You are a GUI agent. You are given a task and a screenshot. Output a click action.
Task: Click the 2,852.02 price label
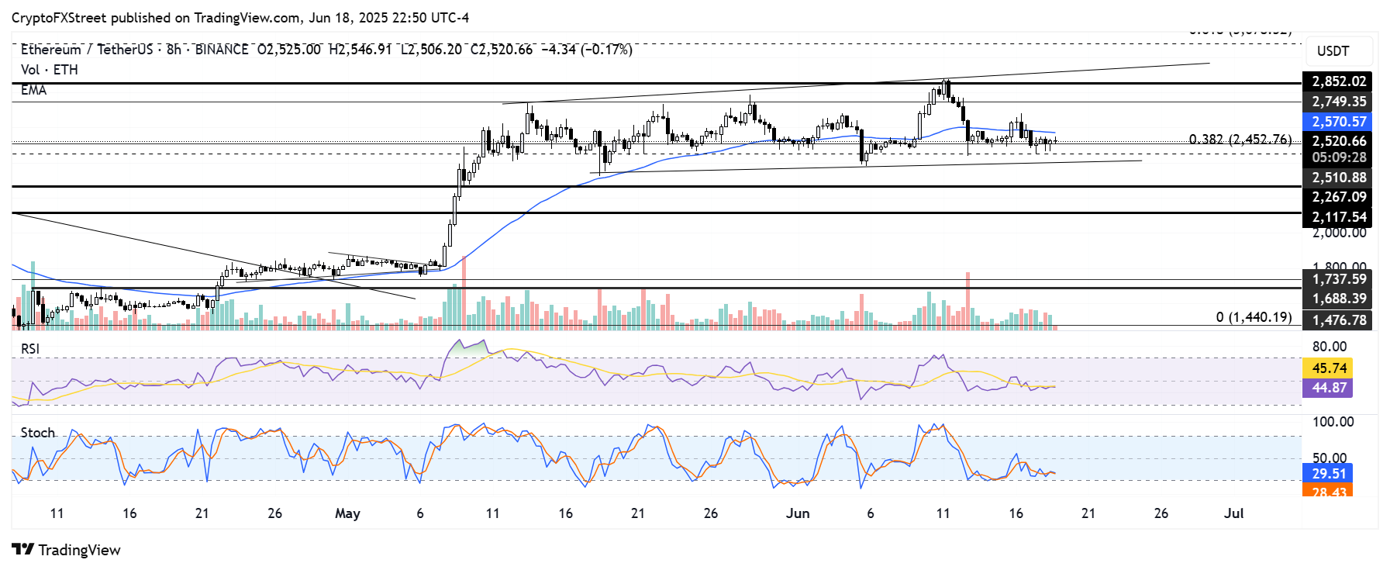pos(1338,81)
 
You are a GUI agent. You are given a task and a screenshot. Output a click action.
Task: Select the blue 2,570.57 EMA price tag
pos(1338,122)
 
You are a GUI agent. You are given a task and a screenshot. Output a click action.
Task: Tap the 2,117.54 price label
pos(1338,217)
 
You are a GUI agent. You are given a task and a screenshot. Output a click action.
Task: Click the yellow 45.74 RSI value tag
pos(1329,368)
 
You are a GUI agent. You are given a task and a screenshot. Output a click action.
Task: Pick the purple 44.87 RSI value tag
pos(1329,388)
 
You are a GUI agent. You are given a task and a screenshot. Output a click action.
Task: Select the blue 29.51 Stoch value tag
pos(1329,473)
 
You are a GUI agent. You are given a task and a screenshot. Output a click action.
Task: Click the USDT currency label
pos(1333,51)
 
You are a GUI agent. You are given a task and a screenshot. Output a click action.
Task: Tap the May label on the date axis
pos(347,513)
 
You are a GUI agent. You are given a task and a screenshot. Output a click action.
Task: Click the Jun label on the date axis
pos(797,513)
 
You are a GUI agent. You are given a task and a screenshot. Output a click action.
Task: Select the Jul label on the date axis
pos(1233,513)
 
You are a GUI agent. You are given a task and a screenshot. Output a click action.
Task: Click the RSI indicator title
pos(30,349)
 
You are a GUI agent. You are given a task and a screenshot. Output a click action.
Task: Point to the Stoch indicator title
pos(37,433)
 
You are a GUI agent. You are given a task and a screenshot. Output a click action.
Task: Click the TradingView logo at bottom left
pos(67,550)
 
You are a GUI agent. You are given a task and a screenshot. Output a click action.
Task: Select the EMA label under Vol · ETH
pos(33,90)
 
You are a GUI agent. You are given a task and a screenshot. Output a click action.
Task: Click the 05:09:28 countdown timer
pos(1338,157)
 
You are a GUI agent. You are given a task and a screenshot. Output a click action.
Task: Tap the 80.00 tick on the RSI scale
pos(1329,347)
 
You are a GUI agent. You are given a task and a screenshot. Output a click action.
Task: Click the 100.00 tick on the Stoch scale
pos(1333,422)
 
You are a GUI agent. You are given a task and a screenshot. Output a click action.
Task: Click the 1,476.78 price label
pos(1338,320)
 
